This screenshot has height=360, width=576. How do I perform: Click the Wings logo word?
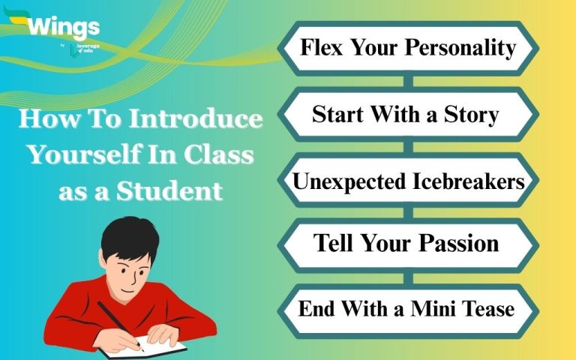(x=64, y=27)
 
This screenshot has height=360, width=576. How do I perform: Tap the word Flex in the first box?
(x=322, y=47)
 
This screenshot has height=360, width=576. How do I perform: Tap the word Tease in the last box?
(x=488, y=308)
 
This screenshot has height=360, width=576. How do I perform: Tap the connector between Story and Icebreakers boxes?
(x=409, y=147)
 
